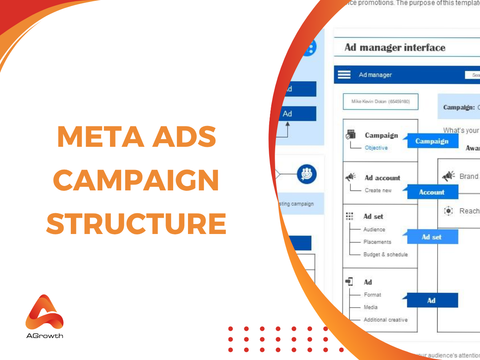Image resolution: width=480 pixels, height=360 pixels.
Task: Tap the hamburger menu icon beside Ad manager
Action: (x=345, y=75)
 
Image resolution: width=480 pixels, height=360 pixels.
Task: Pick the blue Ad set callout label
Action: (x=431, y=237)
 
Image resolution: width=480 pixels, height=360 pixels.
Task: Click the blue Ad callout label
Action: (x=431, y=300)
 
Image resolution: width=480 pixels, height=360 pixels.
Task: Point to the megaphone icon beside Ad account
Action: (x=350, y=177)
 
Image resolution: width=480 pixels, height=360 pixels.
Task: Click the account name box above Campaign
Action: (x=379, y=102)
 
